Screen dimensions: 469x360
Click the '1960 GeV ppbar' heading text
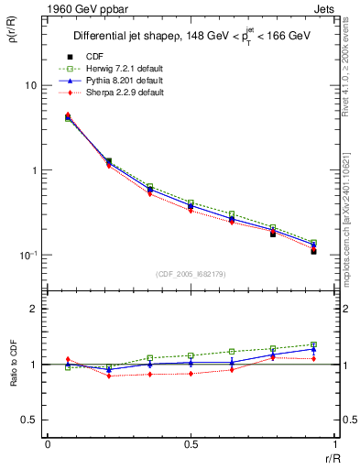pyautogui.click(x=77, y=7)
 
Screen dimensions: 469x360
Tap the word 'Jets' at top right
pyautogui.click(x=322, y=7)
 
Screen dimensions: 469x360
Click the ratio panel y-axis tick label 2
pyautogui.click(x=34, y=310)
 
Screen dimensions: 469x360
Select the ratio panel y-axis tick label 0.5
pyautogui.click(x=29, y=420)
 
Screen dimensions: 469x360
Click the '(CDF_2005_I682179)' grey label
pyautogui.click(x=191, y=273)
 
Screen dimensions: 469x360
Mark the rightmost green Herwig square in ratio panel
pyautogui.click(x=313, y=344)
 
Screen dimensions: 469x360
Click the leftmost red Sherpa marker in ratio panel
pyautogui.click(x=68, y=359)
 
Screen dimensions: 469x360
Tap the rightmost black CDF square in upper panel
pyautogui.click(x=313, y=250)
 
